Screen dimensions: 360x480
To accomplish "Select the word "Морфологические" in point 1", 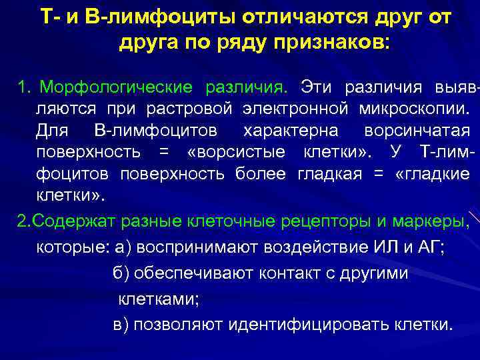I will (x=117, y=87).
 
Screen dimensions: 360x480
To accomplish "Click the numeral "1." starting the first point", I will (x=25, y=87).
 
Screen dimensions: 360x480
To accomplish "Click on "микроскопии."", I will (x=413, y=108).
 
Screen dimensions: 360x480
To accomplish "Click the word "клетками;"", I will (x=158, y=299).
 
